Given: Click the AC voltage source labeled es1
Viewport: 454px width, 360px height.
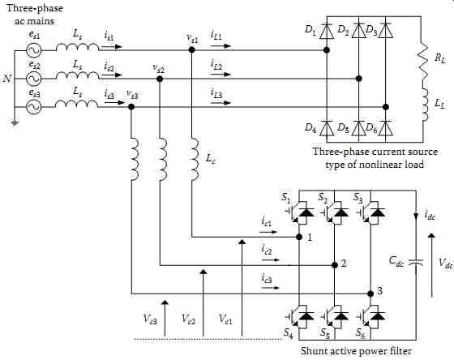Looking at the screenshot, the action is point(33,50).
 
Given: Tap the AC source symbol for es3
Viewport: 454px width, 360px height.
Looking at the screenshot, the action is point(33,107).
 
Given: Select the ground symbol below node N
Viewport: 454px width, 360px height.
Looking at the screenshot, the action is point(15,124).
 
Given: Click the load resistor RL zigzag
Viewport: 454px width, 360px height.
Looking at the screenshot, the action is point(422,61).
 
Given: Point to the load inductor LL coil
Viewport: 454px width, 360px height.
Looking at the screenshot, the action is point(425,105).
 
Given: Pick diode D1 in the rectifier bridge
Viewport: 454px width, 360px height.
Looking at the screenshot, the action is point(327,31).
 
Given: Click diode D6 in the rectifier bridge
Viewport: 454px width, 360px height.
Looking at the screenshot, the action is point(385,128).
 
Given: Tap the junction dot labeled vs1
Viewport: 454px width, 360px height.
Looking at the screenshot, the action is point(191,49).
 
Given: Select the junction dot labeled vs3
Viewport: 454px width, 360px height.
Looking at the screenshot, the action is point(131,107).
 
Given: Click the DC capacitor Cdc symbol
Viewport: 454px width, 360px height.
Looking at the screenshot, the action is point(416,263).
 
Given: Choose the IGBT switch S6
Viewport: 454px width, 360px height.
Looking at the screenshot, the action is point(371,316).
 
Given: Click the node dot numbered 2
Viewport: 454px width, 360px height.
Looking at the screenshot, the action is point(335,264).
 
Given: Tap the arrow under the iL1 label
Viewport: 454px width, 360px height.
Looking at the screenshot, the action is point(221,46).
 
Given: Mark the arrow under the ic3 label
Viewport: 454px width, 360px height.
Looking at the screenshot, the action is point(271,288).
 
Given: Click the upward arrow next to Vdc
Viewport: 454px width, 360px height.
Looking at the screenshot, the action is point(431,266).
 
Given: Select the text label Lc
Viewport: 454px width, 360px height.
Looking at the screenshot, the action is point(211,159).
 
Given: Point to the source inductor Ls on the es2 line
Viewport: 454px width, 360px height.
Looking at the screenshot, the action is point(77,75).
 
